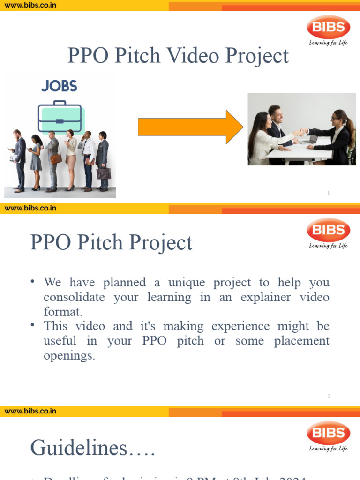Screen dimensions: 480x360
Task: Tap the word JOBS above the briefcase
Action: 59,86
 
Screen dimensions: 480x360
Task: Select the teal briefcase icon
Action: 60,117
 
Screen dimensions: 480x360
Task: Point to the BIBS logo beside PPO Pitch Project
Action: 328,230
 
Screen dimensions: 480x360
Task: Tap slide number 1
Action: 329,193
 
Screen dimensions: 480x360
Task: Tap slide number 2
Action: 329,396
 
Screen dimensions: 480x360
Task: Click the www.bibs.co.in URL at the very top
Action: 30,5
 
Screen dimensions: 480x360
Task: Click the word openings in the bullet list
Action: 69,355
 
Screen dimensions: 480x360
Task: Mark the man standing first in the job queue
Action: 19,159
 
